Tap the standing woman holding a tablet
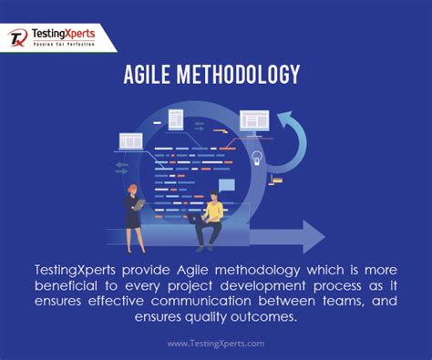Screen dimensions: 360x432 (134, 215)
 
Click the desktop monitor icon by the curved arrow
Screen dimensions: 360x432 (255, 120)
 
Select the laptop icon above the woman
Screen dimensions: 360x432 (130, 141)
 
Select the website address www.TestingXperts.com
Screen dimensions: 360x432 (216, 344)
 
